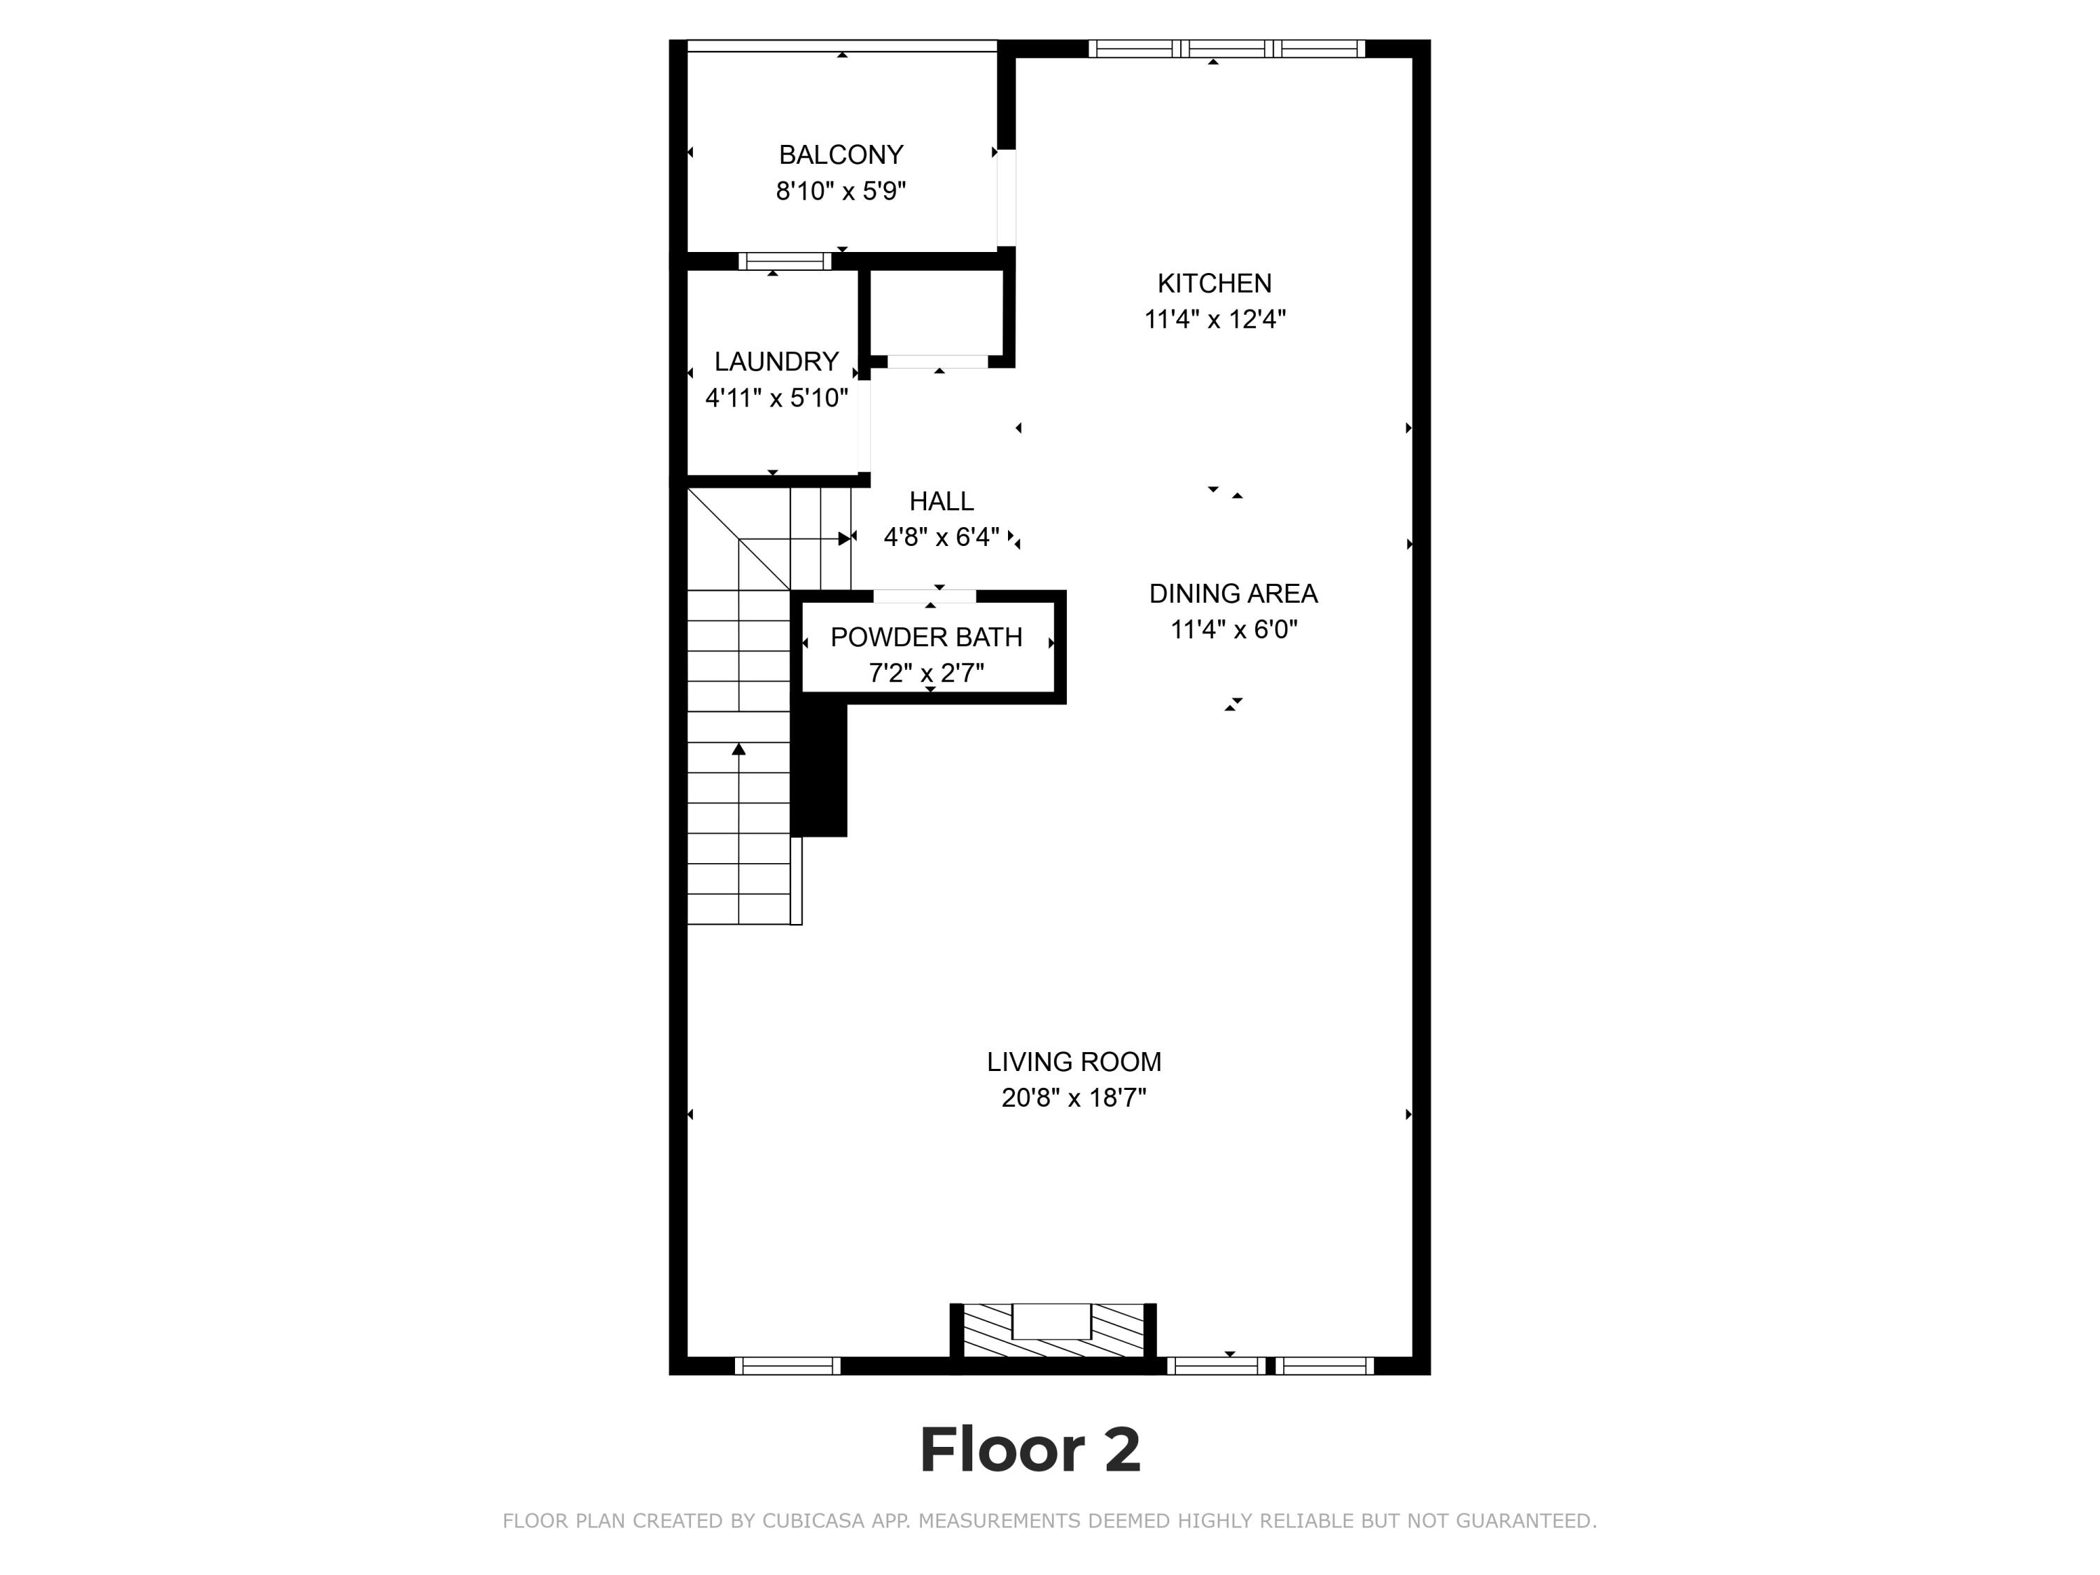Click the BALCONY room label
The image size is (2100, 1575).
841,155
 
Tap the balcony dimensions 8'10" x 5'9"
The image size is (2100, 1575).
841,191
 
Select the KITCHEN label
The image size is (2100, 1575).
1214,283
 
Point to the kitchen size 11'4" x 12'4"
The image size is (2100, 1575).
1214,319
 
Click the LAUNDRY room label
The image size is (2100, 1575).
776,362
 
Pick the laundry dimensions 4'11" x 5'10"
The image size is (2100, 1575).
776,398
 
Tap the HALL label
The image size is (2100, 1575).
941,501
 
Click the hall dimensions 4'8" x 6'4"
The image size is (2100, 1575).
941,538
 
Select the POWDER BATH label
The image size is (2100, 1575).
927,637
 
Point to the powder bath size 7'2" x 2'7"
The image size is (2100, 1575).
927,673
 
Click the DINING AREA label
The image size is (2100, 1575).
1233,594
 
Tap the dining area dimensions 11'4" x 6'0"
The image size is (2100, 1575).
1233,629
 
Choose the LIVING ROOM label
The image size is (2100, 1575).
1074,1061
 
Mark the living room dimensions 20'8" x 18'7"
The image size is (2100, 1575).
1074,1098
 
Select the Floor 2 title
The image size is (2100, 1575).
1030,1450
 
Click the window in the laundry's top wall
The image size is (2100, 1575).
785,261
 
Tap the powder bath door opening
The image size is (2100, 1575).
925,596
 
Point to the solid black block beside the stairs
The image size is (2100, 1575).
818,770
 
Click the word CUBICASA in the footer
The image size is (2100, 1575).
813,1521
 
